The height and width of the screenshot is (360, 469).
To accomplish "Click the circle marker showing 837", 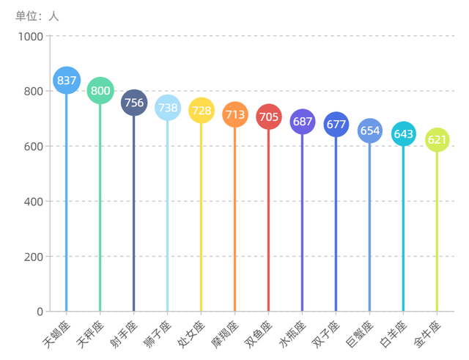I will pos(67,81).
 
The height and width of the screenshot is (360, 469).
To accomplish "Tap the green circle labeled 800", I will pos(100,91).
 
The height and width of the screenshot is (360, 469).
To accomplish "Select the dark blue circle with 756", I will pos(134,103).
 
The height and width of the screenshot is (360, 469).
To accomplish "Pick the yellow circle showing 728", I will pos(202,111).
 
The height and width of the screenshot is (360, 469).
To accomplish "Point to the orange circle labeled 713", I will pos(235,115).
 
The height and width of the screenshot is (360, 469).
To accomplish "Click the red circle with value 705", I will pos(269,117).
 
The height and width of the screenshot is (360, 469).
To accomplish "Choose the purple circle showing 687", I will pos(303,122).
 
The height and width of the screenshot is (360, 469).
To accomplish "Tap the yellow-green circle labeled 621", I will pos(437,140).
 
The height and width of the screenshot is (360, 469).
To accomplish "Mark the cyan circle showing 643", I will pos(404,134).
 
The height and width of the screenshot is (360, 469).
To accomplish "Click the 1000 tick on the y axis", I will pos(30,37).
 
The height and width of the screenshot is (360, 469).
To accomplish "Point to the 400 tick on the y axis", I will pos(34,202).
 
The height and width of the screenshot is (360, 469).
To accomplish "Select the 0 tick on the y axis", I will pos(40,312).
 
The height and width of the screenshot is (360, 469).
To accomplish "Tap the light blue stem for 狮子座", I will pos(168,220).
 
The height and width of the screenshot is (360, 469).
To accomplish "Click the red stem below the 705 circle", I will pos(269,220).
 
